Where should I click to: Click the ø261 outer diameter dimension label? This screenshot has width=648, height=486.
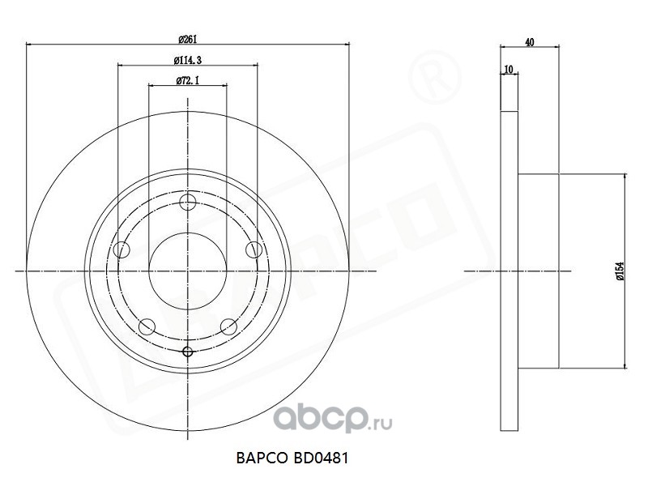click(188, 39)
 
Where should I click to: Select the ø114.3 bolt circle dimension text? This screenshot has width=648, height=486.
click(188, 60)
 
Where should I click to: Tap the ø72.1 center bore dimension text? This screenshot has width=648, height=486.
click(188, 80)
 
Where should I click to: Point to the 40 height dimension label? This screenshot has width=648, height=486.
click(530, 42)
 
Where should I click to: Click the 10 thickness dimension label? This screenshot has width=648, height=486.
click(509, 69)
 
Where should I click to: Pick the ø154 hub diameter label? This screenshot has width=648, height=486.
click(620, 271)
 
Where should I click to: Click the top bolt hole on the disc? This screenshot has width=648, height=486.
click(188, 202)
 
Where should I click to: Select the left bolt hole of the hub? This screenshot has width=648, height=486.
click(122, 249)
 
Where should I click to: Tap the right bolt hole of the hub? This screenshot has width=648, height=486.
click(254, 249)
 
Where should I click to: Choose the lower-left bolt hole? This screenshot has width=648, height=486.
click(147, 327)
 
